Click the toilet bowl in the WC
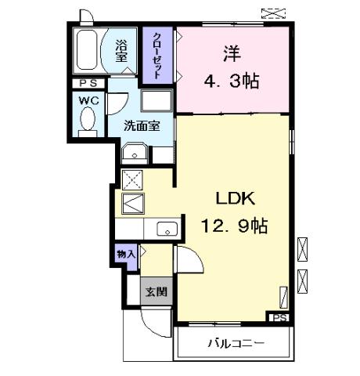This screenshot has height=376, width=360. [x=87, y=120]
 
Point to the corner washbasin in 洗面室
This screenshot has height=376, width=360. [x=135, y=152]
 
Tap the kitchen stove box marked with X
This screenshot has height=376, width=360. [x=131, y=178]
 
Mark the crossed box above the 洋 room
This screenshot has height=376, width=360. [x=273, y=13]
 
